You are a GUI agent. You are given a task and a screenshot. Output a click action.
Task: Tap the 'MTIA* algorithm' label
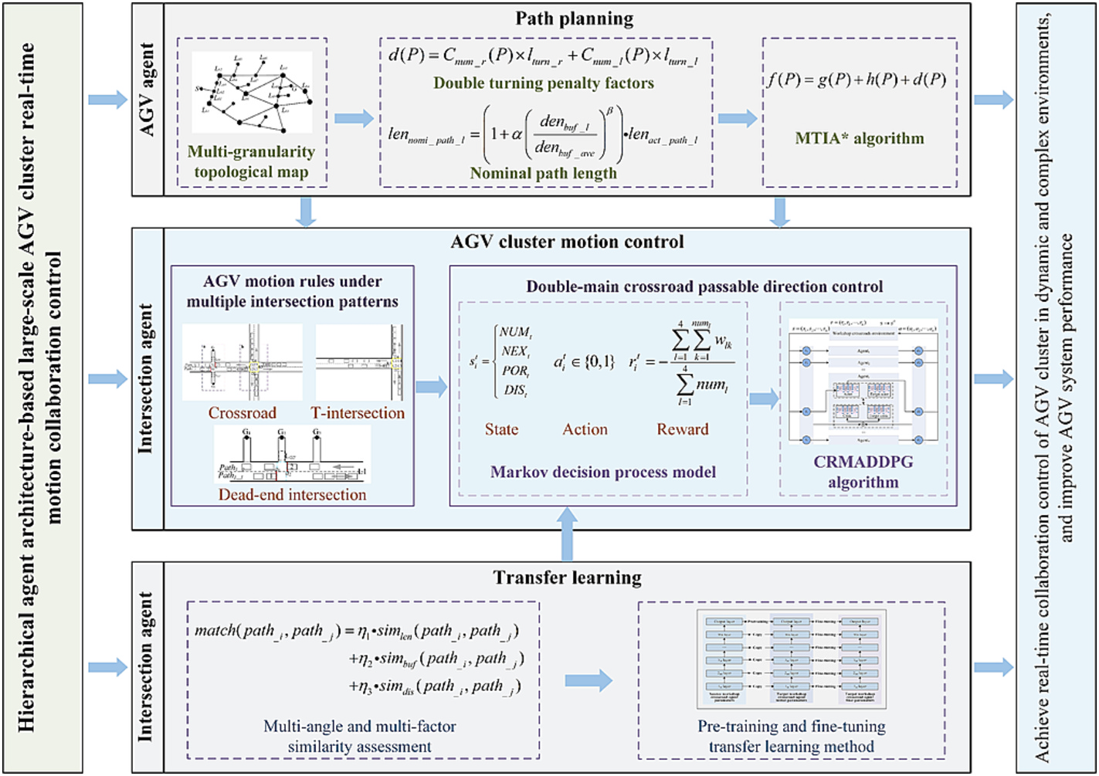click(x=860, y=139)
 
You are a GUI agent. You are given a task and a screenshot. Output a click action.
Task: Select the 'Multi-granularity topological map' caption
click(x=251, y=161)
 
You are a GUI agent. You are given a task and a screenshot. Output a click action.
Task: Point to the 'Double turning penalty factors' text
click(x=543, y=83)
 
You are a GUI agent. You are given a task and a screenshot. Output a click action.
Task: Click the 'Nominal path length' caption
click(x=543, y=174)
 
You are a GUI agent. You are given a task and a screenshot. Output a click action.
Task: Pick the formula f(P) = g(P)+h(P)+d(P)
click(x=856, y=80)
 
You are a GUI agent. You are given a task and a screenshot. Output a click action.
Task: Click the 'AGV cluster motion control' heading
click(x=567, y=242)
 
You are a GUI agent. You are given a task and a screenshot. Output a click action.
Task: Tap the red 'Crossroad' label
click(x=242, y=413)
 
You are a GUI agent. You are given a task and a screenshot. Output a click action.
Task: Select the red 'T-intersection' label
click(x=358, y=413)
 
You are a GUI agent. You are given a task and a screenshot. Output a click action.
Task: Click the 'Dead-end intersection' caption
click(x=292, y=495)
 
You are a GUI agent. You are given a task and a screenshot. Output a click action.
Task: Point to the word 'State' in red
click(x=501, y=430)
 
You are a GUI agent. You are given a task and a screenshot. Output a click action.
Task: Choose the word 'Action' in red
click(x=585, y=430)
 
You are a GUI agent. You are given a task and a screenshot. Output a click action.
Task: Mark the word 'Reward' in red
click(x=682, y=430)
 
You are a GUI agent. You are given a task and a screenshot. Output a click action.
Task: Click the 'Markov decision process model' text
click(x=603, y=472)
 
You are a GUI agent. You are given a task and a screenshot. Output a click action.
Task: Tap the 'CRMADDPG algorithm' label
click(x=863, y=472)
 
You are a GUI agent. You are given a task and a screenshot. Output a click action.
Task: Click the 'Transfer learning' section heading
click(x=567, y=578)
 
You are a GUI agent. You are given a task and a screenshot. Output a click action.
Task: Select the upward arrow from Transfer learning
click(x=568, y=534)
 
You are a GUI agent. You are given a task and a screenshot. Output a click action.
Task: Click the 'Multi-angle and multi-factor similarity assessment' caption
click(x=359, y=736)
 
